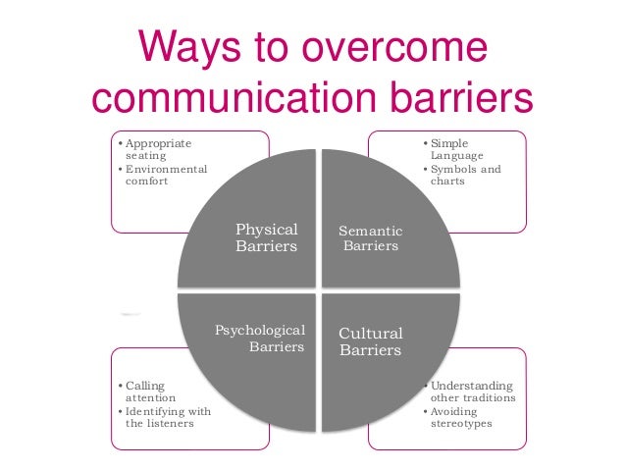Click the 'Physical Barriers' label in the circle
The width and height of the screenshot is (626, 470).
point(266,237)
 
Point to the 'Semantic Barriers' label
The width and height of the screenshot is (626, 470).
point(370,238)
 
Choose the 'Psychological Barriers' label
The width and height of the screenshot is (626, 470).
point(260,338)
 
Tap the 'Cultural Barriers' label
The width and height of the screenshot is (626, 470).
point(370,341)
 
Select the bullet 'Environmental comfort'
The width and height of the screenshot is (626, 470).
point(166,175)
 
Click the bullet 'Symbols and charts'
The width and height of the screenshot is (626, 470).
point(465,175)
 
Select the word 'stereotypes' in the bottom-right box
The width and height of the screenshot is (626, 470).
point(461,424)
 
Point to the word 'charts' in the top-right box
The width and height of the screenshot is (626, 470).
point(447,182)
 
